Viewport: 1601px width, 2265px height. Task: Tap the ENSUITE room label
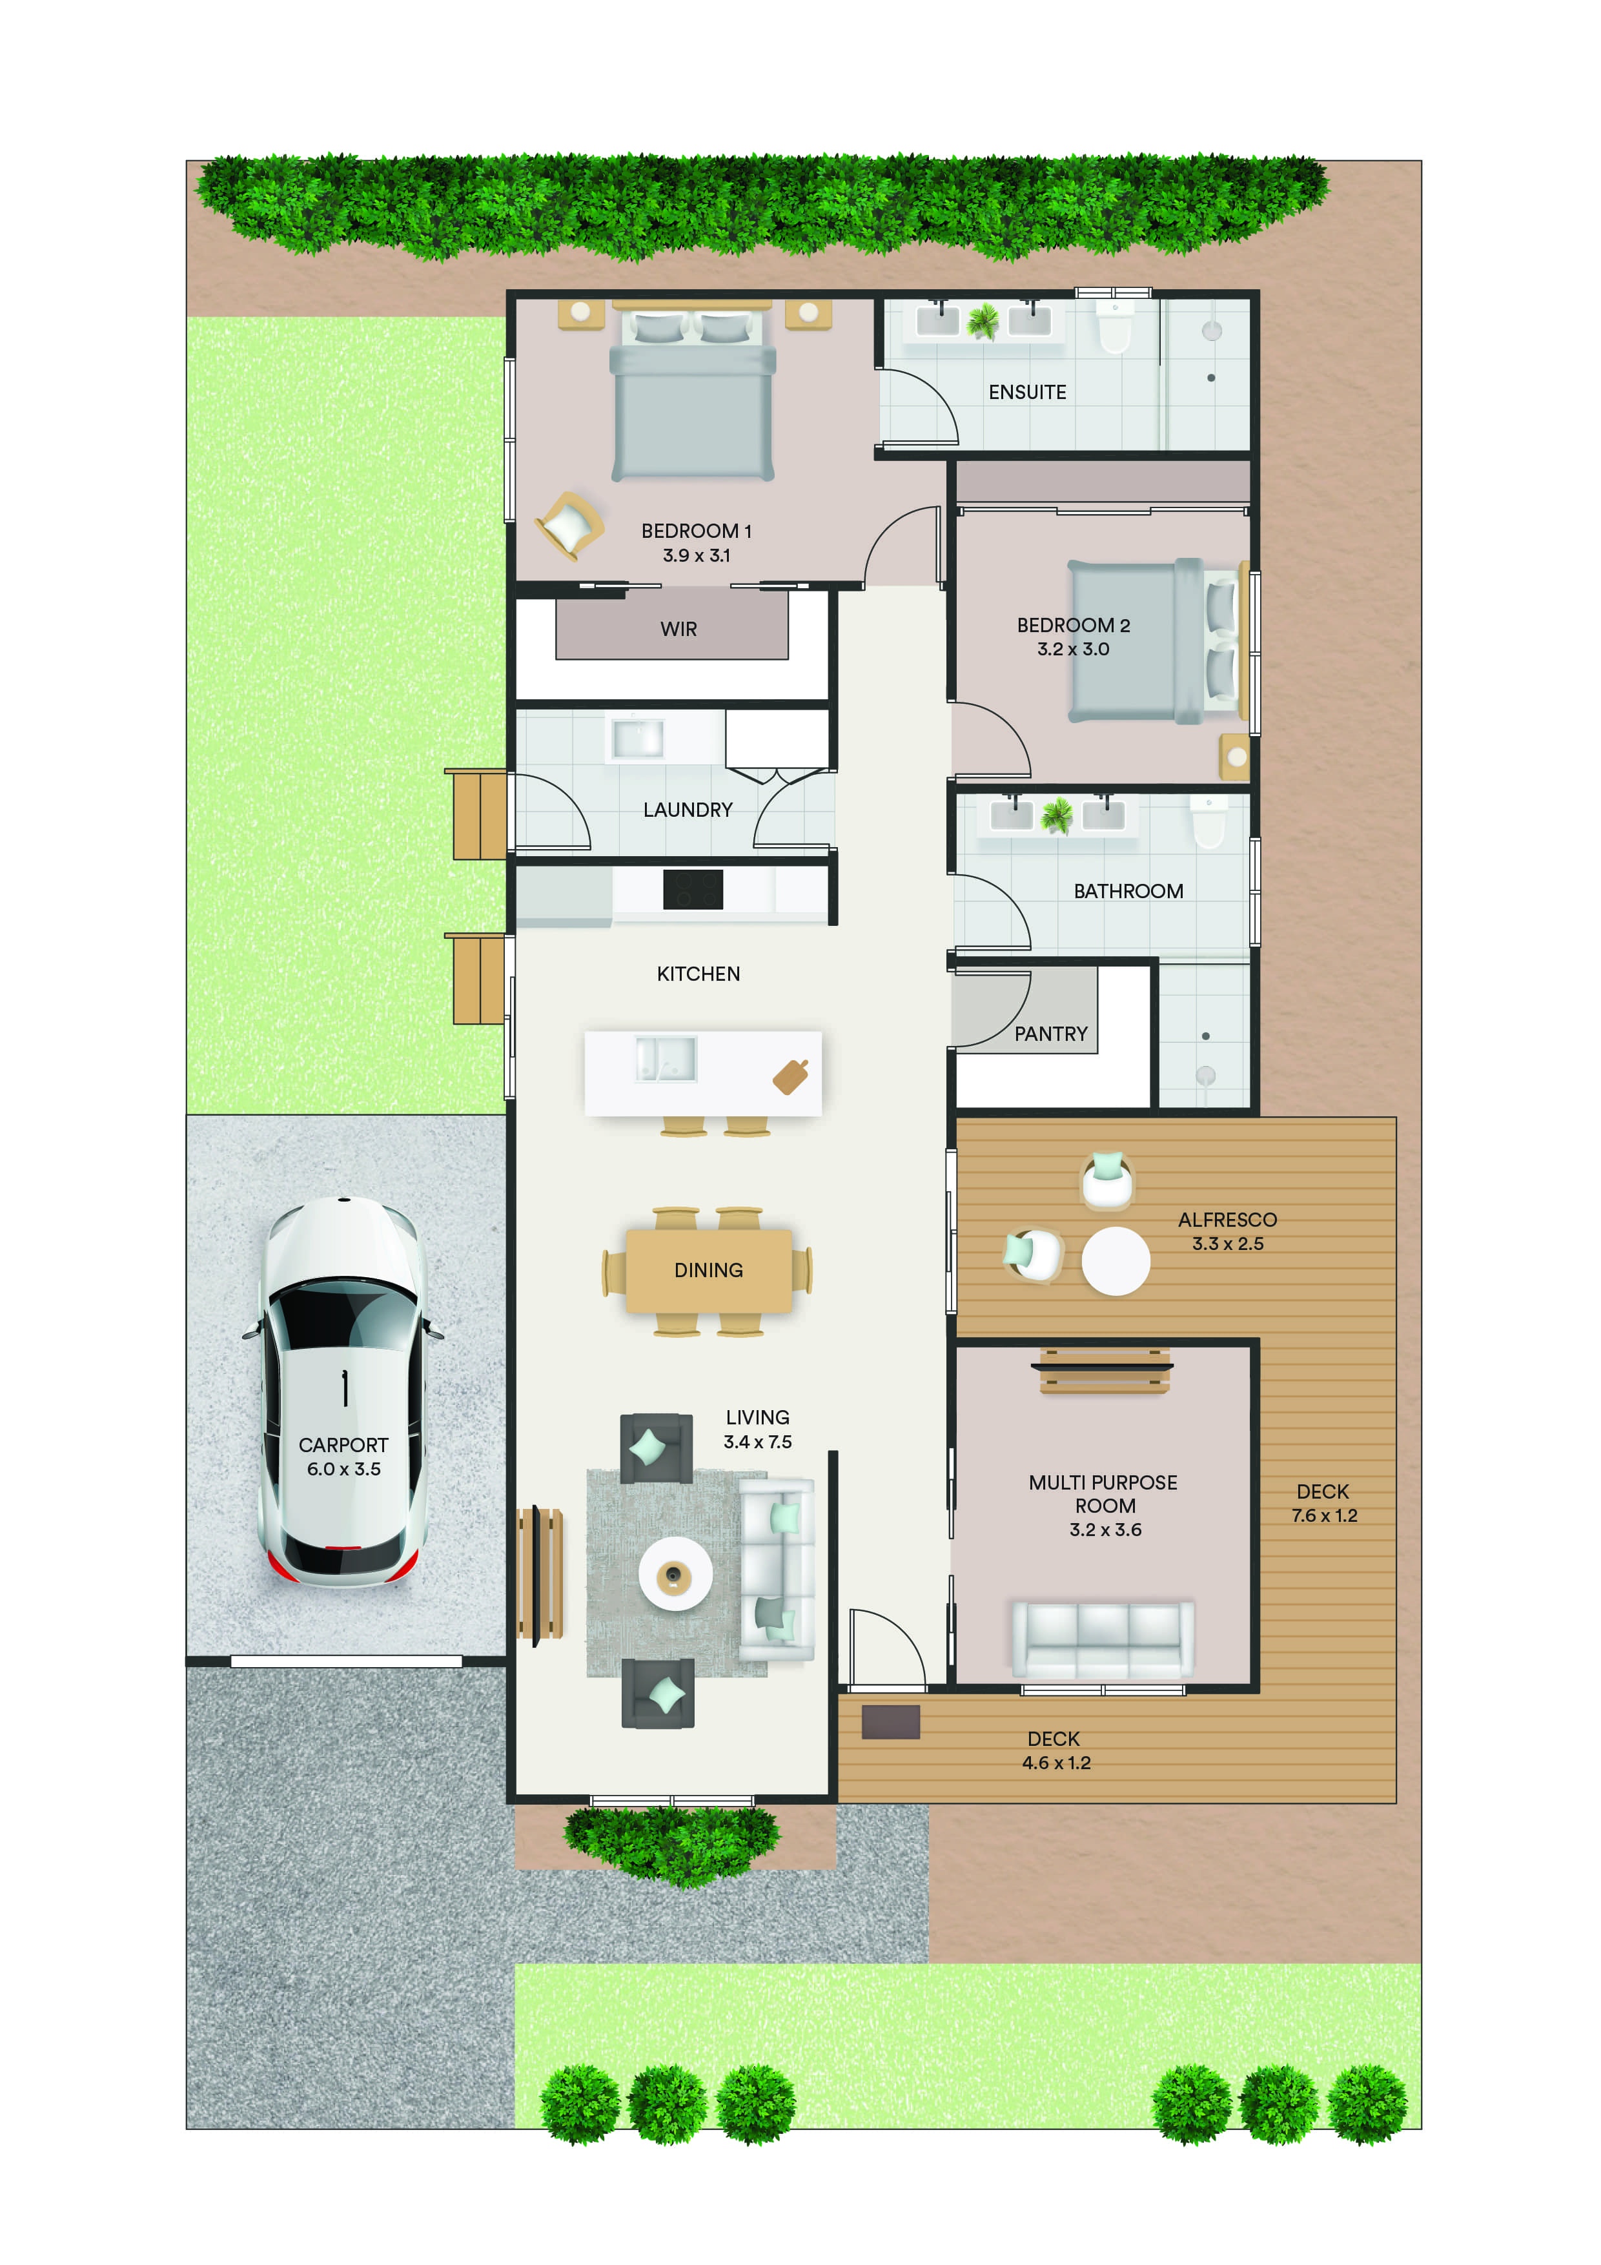[x=1027, y=393]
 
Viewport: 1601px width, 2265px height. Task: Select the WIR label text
[x=678, y=630]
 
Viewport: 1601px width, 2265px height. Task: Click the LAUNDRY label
[x=688, y=810]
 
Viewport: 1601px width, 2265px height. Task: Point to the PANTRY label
[x=1050, y=1034]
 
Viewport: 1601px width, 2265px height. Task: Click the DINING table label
[x=708, y=1271]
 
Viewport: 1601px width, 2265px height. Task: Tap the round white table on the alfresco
[x=1116, y=1261]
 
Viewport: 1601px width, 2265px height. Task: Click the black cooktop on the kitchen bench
[x=693, y=889]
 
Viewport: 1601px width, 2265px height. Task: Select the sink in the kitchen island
[x=666, y=1058]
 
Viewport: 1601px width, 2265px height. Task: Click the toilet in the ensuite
[x=1115, y=327]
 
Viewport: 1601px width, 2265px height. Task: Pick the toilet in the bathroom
[x=1208, y=823]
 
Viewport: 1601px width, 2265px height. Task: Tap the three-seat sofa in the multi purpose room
[x=1103, y=1639]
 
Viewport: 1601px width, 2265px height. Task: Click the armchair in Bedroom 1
[x=569, y=525]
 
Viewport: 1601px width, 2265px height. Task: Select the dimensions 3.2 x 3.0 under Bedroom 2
[x=1074, y=649]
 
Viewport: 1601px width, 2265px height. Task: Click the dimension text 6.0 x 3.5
[x=343, y=1469]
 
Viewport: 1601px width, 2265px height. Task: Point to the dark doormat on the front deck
[x=891, y=1721]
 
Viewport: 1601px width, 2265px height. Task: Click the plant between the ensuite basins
[x=983, y=321]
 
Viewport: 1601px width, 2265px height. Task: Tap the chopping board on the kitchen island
[x=791, y=1076]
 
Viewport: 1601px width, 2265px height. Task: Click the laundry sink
[x=637, y=738]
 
